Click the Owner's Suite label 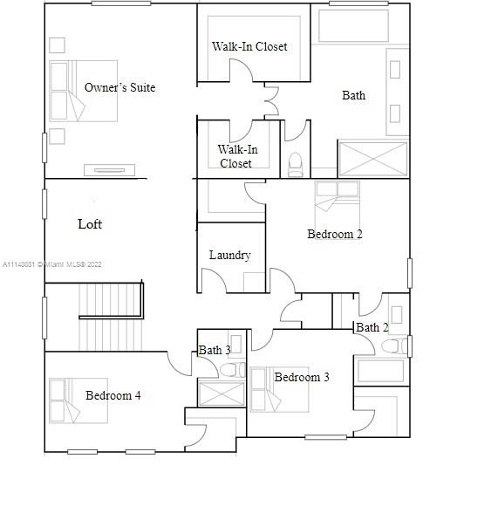[119, 87]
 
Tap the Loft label [90, 224]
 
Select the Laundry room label [230, 255]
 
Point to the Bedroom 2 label [335, 234]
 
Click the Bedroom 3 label [302, 377]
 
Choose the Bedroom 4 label [113, 395]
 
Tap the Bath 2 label [372, 327]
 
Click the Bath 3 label [215, 350]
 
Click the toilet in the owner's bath [295, 164]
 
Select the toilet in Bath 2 [394, 346]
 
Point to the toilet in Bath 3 [232, 370]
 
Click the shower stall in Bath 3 [222, 394]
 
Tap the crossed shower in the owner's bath [373, 159]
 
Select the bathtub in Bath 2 [381, 371]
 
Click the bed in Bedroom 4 [78, 400]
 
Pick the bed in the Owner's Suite [84, 91]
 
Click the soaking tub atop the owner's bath [353, 26]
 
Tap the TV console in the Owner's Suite [110, 170]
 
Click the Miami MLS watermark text [51, 264]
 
